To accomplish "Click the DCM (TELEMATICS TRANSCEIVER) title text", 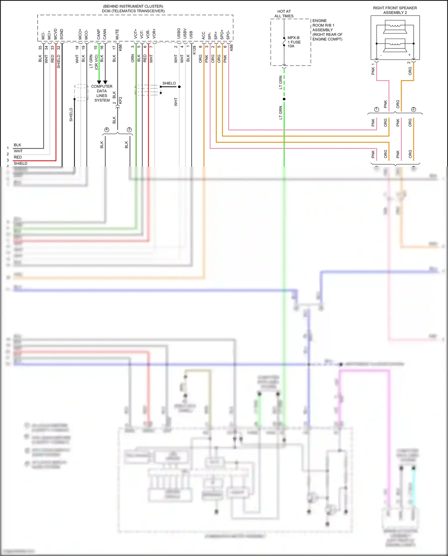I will tap(133, 11).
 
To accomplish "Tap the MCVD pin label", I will tap(56, 34).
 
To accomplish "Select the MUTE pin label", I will tap(117, 34).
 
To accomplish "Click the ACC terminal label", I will tap(204, 35).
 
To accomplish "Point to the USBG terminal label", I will tap(179, 33).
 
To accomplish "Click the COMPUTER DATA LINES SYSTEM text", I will tap(102, 93).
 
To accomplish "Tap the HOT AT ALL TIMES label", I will tap(284, 14).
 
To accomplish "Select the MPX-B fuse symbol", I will tap(284, 42).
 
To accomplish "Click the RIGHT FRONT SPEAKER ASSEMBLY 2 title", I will tap(395, 10).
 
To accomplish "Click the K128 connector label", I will tap(194, 50).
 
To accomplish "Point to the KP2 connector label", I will tap(121, 100).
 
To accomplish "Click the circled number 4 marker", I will tap(107, 130).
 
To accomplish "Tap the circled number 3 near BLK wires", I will tap(129, 130).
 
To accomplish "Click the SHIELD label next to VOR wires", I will tap(169, 83).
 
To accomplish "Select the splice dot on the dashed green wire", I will tap(284, 99).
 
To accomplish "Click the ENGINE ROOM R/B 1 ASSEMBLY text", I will tap(327, 30).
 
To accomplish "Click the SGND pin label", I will tap(62, 34).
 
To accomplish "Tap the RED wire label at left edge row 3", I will tap(18, 157).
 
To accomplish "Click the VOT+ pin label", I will tap(136, 33).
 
